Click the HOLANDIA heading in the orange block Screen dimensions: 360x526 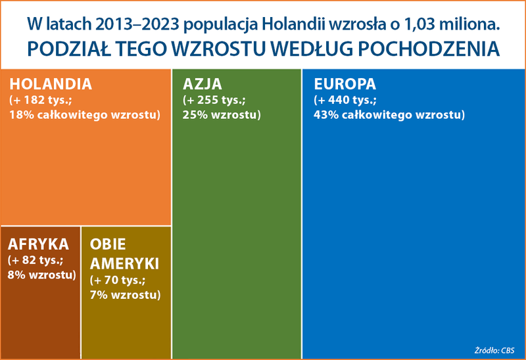point(51,85)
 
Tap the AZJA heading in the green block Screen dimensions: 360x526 point(203,85)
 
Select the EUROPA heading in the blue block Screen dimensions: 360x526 point(345,85)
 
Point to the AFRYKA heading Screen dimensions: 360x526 point(39,244)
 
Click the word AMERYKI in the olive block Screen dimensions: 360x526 point(125,263)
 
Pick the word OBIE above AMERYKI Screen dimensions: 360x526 point(108,245)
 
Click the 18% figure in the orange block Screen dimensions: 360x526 point(22,115)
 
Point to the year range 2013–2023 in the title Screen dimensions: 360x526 point(137,24)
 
